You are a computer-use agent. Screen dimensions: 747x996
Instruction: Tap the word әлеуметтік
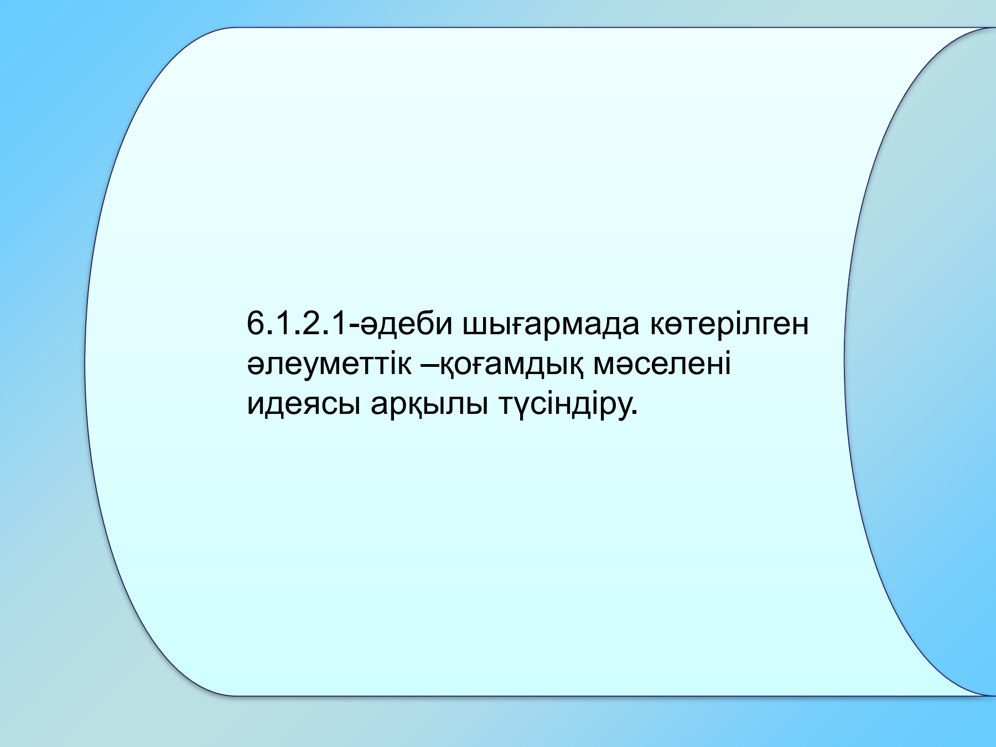coord(329,365)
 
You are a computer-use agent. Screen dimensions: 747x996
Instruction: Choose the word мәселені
coord(661,365)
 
